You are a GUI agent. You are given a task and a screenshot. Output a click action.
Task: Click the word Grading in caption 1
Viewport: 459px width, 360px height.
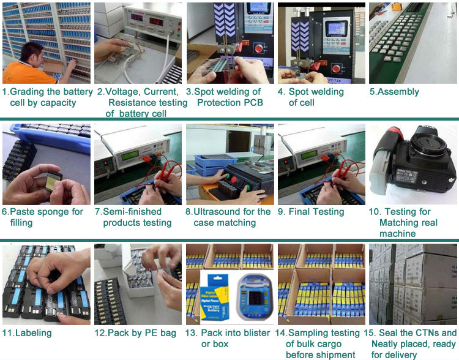[27, 92]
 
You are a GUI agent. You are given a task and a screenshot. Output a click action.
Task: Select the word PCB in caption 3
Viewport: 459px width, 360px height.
[253, 102]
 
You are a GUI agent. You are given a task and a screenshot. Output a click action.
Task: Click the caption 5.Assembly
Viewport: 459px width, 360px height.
[394, 92]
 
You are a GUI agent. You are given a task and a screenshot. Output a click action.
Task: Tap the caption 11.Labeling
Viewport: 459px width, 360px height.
[27, 333]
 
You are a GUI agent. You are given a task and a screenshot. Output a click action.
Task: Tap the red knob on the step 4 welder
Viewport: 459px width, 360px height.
[336, 69]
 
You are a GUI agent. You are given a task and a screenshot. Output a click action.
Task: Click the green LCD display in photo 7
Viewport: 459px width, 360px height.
[130, 156]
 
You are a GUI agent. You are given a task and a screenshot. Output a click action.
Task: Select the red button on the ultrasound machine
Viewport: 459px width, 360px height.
[234, 179]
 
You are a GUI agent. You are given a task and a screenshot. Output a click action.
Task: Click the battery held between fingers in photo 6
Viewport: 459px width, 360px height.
[54, 181]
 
